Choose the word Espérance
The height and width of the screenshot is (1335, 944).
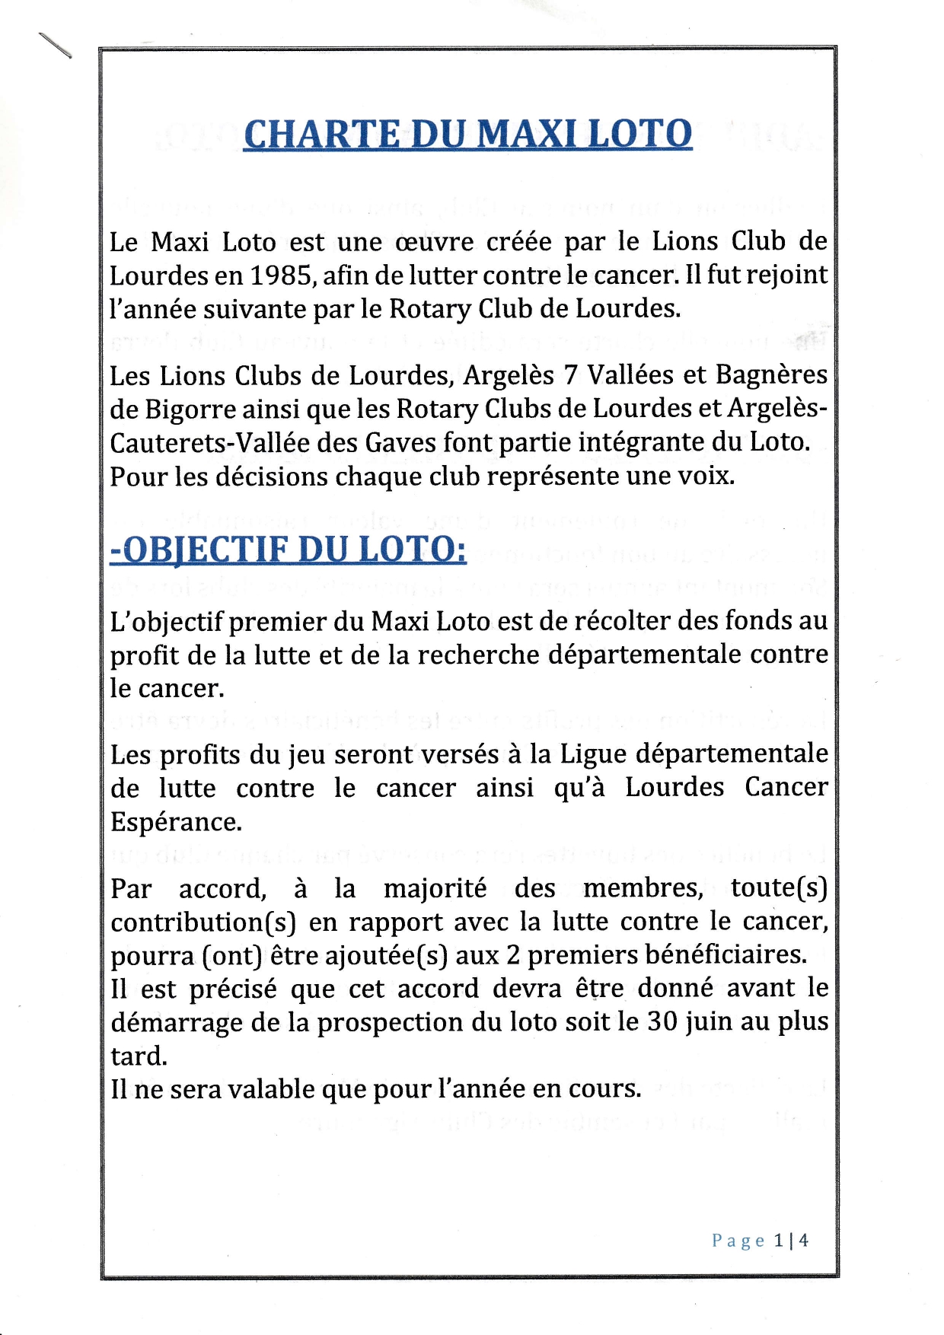click(176, 822)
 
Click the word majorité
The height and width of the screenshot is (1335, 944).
click(435, 888)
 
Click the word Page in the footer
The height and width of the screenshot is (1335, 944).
click(738, 1241)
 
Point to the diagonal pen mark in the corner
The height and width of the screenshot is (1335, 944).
click(55, 46)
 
